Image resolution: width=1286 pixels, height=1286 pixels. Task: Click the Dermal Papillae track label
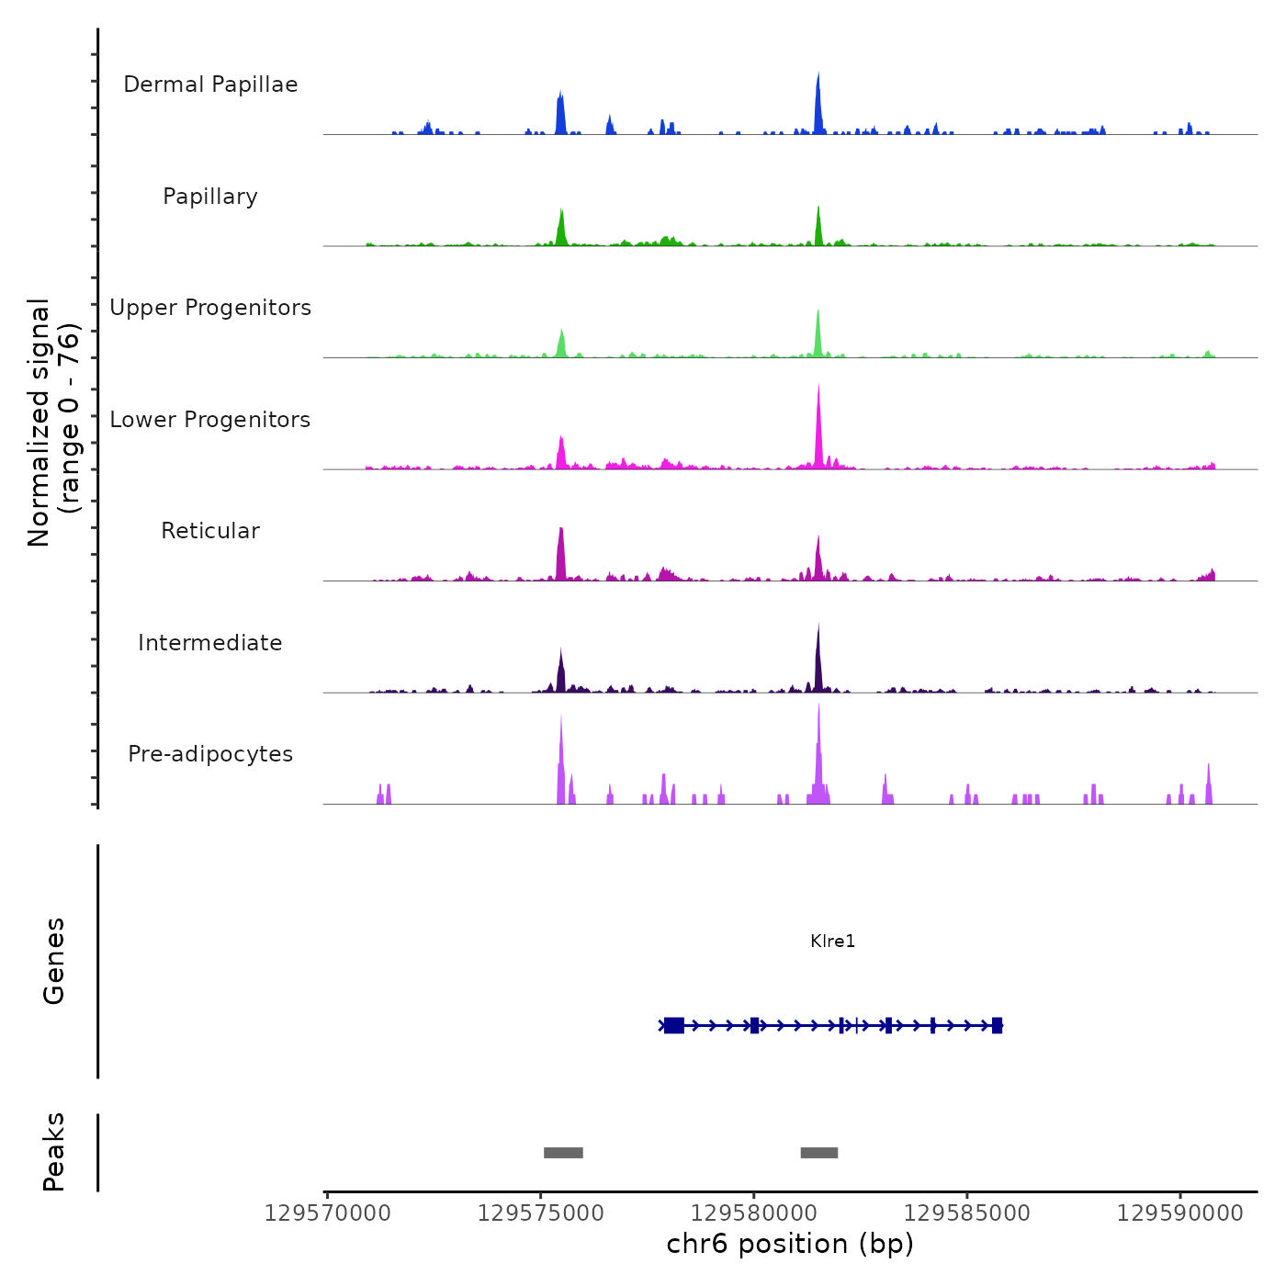click(x=210, y=85)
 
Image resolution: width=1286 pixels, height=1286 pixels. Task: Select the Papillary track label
click(x=210, y=197)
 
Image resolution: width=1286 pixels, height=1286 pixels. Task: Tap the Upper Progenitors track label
click(x=210, y=308)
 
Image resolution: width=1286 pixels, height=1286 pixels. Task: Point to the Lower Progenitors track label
click(x=210, y=420)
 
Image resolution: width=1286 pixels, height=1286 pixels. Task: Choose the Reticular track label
click(x=210, y=531)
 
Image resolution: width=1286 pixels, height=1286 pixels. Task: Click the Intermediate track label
click(x=210, y=643)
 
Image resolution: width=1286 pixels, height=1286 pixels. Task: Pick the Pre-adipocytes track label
click(x=210, y=754)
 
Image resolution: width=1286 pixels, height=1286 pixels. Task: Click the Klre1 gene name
click(x=832, y=941)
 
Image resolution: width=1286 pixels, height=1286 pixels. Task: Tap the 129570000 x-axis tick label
click(x=327, y=1213)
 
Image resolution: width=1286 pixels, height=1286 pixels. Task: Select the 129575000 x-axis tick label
click(x=541, y=1213)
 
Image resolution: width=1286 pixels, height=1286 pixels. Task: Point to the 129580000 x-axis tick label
click(x=754, y=1213)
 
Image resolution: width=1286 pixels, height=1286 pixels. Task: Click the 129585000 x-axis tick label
click(x=967, y=1213)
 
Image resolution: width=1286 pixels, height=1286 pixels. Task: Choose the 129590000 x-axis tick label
click(x=1180, y=1213)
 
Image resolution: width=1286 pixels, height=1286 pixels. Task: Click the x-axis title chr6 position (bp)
click(x=790, y=1244)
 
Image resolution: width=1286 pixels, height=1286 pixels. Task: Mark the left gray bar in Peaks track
click(x=563, y=1153)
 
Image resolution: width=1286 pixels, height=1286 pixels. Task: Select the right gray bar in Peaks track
click(x=818, y=1153)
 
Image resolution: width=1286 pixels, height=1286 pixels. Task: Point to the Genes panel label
click(x=54, y=961)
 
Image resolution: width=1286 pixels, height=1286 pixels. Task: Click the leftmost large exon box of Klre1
click(x=674, y=1025)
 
